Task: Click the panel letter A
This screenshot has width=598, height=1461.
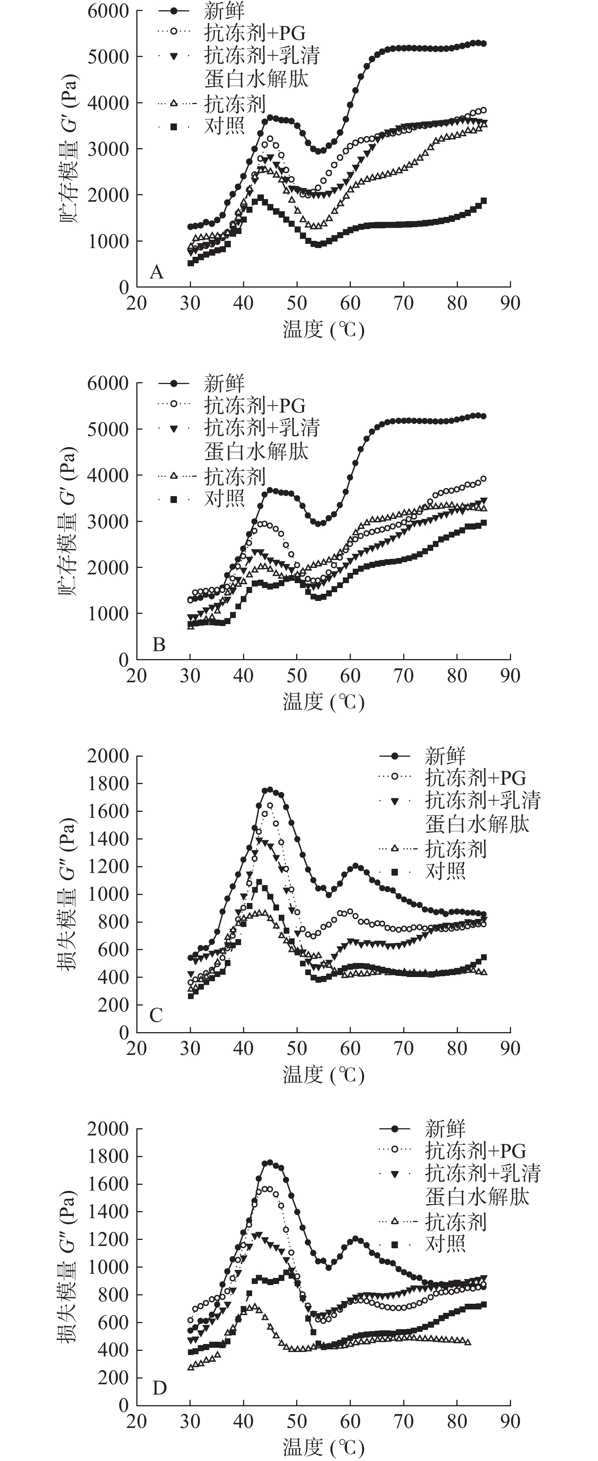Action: pyautogui.click(x=156, y=273)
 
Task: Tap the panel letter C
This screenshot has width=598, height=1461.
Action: pyautogui.click(x=156, y=1015)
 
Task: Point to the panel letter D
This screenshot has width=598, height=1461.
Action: pyautogui.click(x=159, y=1388)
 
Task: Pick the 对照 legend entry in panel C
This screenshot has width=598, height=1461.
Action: pyautogui.click(x=445, y=871)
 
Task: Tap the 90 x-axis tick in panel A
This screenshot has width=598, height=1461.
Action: pyautogui.click(x=510, y=304)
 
